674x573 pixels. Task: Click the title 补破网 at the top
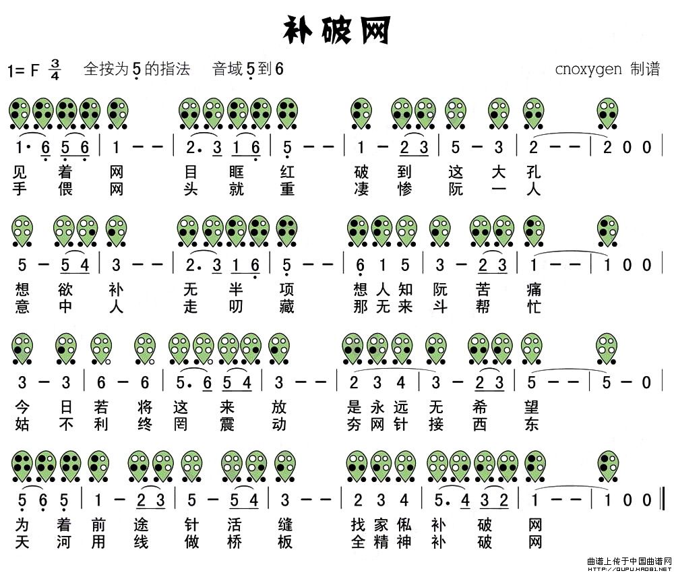(x=336, y=30)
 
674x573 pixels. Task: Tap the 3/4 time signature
(x=55, y=69)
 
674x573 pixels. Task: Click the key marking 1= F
(x=23, y=70)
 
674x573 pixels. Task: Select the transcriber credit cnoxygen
(x=588, y=69)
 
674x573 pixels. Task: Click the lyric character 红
(x=286, y=172)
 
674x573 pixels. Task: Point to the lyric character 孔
(x=533, y=172)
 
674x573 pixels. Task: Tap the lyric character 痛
(x=533, y=290)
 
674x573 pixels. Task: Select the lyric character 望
(x=532, y=407)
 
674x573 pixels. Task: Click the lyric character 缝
(x=285, y=525)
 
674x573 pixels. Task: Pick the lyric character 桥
(x=235, y=542)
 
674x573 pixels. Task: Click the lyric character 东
(x=532, y=424)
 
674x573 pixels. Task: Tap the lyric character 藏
(x=286, y=307)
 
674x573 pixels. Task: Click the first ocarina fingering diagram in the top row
(x=20, y=113)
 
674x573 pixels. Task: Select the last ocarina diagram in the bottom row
(x=607, y=466)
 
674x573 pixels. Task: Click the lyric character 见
(x=20, y=172)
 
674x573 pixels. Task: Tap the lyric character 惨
(x=404, y=189)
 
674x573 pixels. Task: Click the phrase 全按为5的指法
(x=137, y=69)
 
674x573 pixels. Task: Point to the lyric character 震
(x=226, y=424)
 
